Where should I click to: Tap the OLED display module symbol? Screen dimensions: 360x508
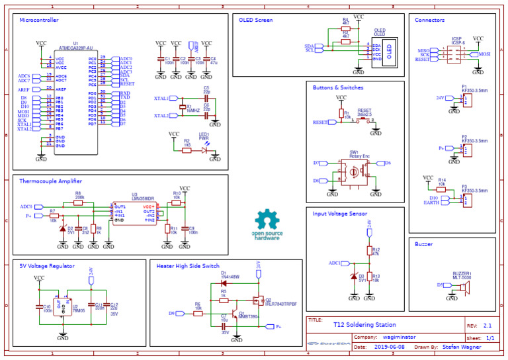[x=390, y=50]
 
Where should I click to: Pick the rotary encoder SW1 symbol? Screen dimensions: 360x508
[x=354, y=171]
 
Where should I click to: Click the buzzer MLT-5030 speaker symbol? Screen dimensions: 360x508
[x=466, y=287]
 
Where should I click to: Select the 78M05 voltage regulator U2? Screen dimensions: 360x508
[x=63, y=306]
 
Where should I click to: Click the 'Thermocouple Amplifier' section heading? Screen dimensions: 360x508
[x=51, y=181]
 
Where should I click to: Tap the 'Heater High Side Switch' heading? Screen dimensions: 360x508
[x=189, y=265]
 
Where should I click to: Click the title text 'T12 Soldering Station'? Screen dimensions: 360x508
[x=364, y=325]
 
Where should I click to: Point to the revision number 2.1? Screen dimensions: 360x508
[x=488, y=326]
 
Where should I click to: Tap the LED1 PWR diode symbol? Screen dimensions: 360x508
[x=204, y=150]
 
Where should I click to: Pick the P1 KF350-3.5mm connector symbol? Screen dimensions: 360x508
[x=467, y=100]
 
